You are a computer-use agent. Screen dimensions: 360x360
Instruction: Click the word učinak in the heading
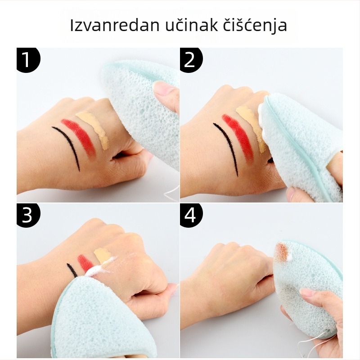pos(192,25)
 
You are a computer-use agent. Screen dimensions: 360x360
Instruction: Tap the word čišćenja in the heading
pos(255,26)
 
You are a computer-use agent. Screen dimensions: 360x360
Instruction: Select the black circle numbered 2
pos(191,59)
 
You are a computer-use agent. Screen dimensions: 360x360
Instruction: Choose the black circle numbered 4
pos(191,215)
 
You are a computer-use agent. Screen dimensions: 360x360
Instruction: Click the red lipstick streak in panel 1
pos(79,138)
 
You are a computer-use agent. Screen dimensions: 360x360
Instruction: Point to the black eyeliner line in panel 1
pos(69,144)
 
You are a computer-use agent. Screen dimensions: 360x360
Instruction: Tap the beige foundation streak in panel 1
pos(94,129)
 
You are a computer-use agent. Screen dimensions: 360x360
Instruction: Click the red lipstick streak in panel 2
pos(237,137)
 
